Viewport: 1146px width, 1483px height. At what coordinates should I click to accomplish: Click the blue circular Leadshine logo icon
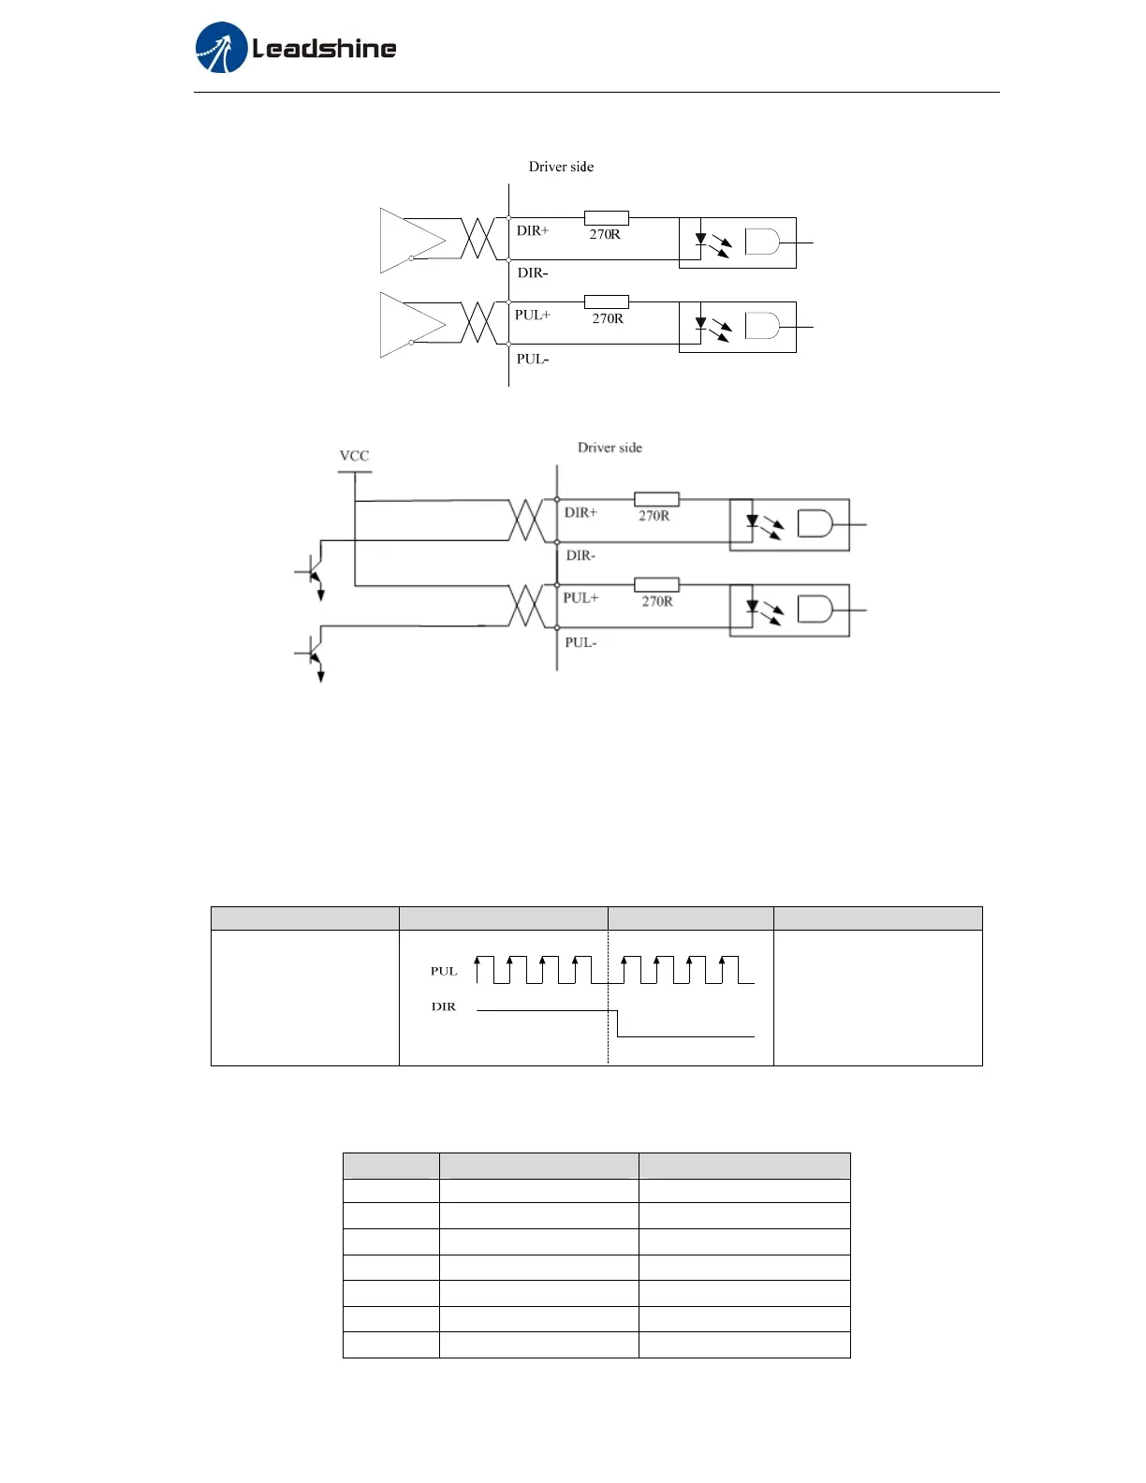click(x=221, y=48)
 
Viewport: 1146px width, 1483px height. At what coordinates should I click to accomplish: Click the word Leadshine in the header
click(x=324, y=48)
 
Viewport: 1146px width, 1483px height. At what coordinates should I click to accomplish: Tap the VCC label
click(x=354, y=456)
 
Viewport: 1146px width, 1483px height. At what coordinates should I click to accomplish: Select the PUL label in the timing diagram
click(x=444, y=971)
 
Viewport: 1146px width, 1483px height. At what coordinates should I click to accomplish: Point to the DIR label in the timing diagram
click(x=444, y=1006)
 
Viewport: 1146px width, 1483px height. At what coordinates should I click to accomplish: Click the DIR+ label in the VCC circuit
click(x=580, y=512)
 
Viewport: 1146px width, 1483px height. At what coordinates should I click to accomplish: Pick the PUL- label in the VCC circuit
click(x=580, y=642)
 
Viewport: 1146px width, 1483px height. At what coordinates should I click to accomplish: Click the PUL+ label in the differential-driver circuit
click(x=533, y=315)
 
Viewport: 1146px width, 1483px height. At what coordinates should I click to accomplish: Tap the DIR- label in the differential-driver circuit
click(x=533, y=272)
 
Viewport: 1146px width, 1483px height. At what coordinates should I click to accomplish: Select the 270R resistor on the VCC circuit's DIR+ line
click(x=656, y=499)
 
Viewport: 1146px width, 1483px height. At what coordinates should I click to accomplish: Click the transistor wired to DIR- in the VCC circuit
click(x=313, y=570)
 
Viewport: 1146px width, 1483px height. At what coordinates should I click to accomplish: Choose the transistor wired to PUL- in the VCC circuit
click(x=313, y=653)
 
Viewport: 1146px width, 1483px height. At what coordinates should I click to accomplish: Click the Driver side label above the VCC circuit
click(x=610, y=448)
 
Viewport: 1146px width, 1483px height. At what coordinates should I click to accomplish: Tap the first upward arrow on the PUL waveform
click(x=477, y=964)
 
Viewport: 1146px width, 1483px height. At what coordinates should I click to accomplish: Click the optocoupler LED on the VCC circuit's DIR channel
click(x=752, y=521)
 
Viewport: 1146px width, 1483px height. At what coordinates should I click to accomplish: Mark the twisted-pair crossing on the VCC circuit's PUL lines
click(x=526, y=606)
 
